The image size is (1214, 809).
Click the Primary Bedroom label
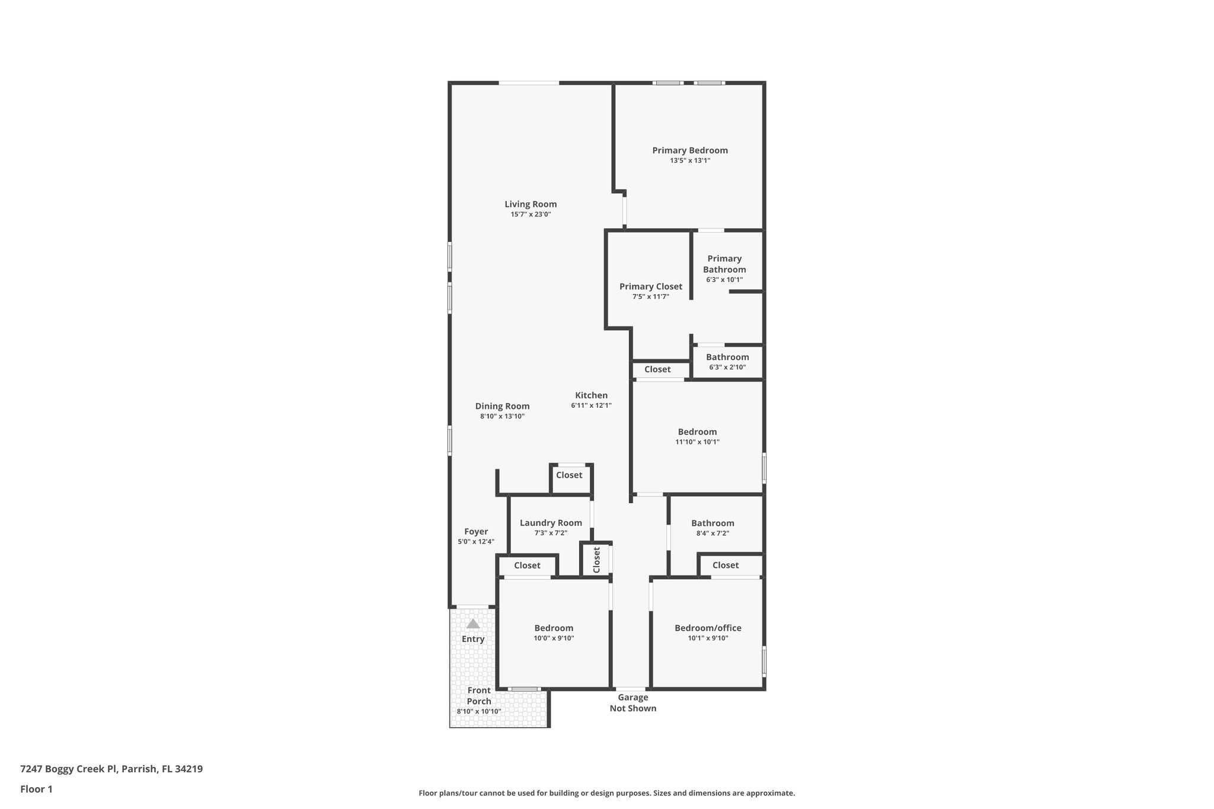tap(690, 151)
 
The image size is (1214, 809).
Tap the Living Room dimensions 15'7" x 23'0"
tap(531, 215)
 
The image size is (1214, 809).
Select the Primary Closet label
tap(650, 287)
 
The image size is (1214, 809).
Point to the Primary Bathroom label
tap(724, 264)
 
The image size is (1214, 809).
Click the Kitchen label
tap(591, 395)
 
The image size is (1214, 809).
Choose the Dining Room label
tap(502, 406)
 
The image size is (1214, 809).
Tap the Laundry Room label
tap(551, 523)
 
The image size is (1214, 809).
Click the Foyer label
tap(476, 532)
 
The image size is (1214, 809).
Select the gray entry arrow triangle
tap(473, 623)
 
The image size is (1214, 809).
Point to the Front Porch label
tap(479, 696)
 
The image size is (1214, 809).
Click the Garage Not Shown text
tap(632, 703)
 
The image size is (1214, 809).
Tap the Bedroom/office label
tap(708, 628)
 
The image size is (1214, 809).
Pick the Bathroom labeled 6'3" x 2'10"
tap(727, 357)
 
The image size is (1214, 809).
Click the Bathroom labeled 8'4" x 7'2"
tap(713, 523)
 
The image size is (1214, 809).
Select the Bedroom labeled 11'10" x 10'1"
tap(697, 432)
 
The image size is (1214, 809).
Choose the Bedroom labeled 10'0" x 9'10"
tap(554, 628)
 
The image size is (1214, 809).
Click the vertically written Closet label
tap(596, 559)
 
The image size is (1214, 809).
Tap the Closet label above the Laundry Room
tap(569, 475)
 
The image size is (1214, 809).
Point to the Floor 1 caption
tap(36, 789)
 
